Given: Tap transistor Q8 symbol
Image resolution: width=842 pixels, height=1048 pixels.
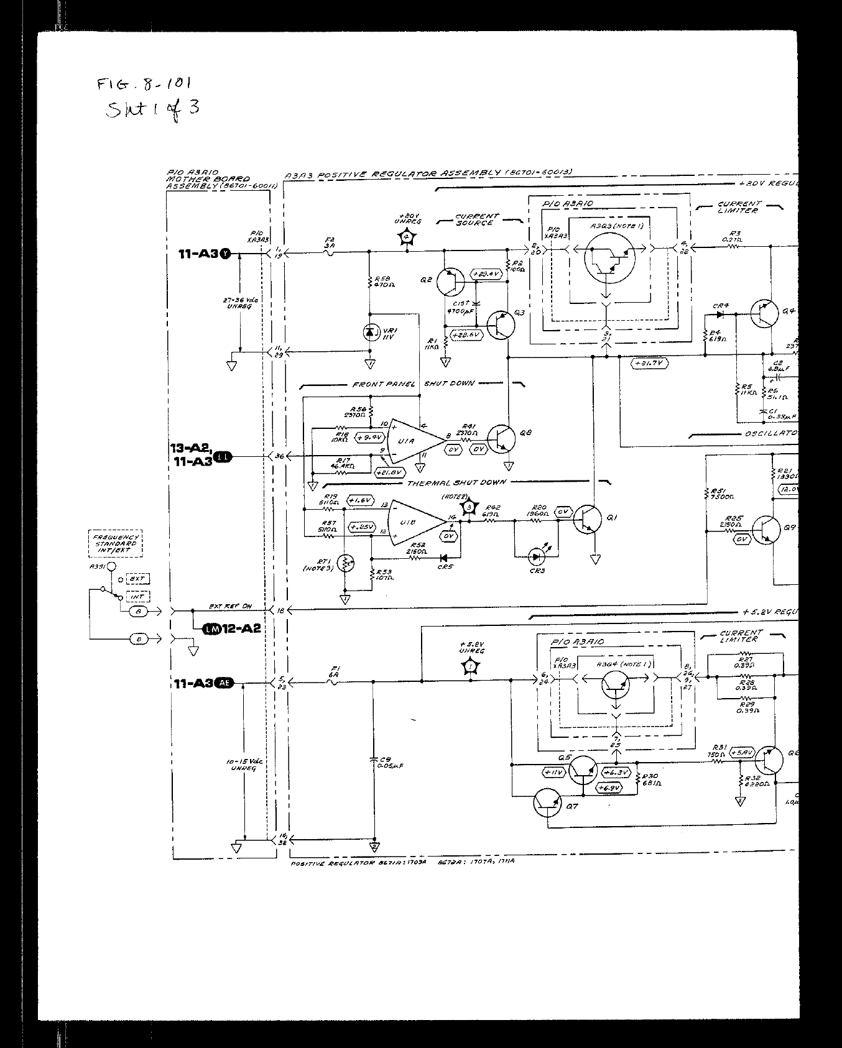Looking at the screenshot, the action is coord(501,439).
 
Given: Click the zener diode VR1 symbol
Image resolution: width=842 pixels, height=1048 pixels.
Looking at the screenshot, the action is coord(371,333).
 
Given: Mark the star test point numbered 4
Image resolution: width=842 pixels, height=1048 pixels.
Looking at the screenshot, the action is coord(407,237).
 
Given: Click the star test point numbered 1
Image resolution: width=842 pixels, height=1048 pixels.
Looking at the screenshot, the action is coord(471,667).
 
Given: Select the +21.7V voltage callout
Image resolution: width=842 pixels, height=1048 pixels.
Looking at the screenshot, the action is coord(649,363).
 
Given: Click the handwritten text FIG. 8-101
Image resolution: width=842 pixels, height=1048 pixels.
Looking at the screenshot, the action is coord(144,86).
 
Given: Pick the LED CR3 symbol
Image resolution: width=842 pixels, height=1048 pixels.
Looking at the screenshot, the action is coord(536,554).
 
